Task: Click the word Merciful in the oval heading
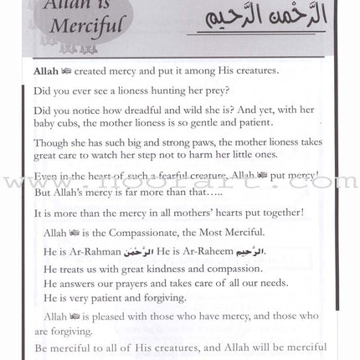point(56,39)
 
